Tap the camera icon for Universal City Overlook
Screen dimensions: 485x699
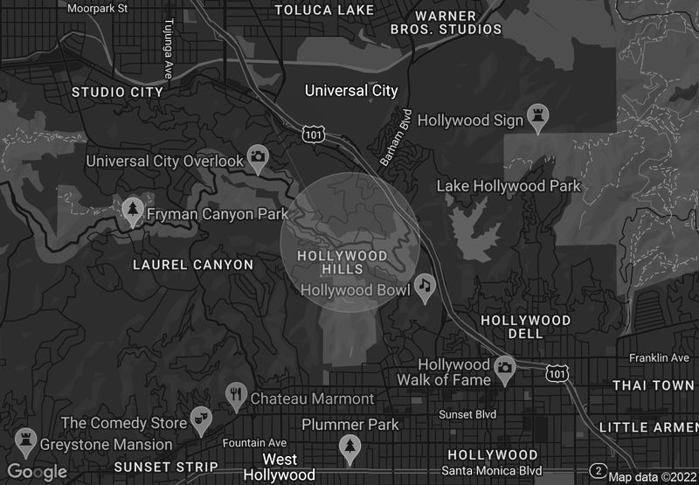coord(257,156)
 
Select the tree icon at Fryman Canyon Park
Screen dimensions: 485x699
coord(133,211)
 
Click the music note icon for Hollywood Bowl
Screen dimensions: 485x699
coord(425,286)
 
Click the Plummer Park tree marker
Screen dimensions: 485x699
coord(350,447)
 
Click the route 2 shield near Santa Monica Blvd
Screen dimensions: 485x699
coord(599,471)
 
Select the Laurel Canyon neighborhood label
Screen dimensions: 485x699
coord(193,265)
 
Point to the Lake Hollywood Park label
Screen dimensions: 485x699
coord(509,186)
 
